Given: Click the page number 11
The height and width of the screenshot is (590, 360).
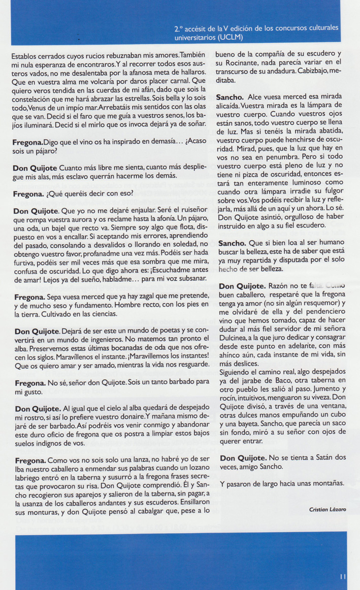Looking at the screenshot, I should point(344,577).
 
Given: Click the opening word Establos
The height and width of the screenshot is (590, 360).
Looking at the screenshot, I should point(26,54).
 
